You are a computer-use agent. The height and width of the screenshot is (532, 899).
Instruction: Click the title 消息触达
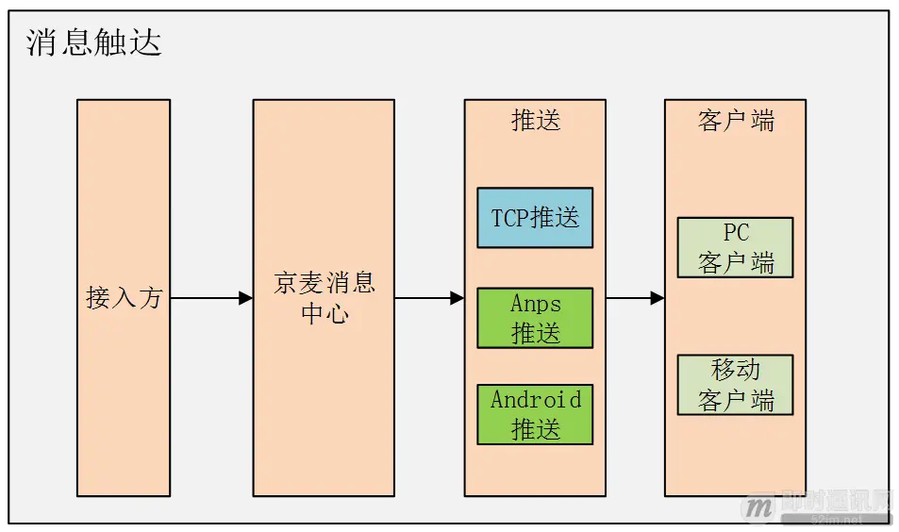(94, 42)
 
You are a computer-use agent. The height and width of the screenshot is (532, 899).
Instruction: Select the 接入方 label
(124, 298)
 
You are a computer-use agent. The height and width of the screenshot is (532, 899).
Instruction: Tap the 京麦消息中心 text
(324, 298)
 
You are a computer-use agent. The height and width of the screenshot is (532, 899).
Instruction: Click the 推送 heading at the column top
(535, 121)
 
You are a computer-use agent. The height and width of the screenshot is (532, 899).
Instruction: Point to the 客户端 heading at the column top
(736, 121)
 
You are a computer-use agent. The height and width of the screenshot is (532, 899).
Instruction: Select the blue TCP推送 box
(535, 218)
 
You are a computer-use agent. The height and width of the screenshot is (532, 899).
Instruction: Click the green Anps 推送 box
(535, 318)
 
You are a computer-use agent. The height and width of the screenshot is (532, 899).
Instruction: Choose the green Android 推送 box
(535, 414)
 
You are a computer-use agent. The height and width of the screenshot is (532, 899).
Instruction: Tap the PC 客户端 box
(735, 247)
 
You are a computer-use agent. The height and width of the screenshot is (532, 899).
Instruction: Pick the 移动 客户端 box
(735, 385)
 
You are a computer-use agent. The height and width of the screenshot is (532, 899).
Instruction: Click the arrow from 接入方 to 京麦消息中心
(211, 298)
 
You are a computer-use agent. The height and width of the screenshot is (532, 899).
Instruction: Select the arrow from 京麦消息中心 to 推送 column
(429, 298)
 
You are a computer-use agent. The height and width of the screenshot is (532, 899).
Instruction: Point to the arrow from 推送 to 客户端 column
(635, 298)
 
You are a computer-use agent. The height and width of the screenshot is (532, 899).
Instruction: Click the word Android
(535, 400)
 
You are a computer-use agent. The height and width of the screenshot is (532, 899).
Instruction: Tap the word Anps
(535, 304)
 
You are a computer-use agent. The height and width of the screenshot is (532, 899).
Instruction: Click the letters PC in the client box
(736, 233)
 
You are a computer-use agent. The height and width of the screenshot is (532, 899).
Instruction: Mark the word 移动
(736, 370)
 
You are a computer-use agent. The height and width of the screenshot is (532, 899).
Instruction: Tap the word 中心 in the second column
(324, 313)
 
